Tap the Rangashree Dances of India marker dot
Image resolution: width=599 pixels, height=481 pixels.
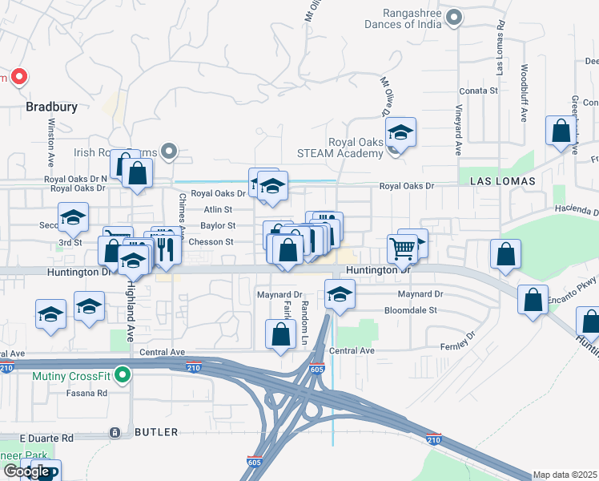tap(455, 17)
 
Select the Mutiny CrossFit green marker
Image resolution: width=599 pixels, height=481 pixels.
tap(122, 374)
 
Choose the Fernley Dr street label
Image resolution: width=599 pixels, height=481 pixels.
tap(457, 346)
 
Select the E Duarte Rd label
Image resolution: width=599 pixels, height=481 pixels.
tap(46, 439)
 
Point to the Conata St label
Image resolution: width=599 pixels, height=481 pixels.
tap(479, 91)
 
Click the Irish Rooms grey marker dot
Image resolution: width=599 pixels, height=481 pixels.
tap(168, 150)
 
